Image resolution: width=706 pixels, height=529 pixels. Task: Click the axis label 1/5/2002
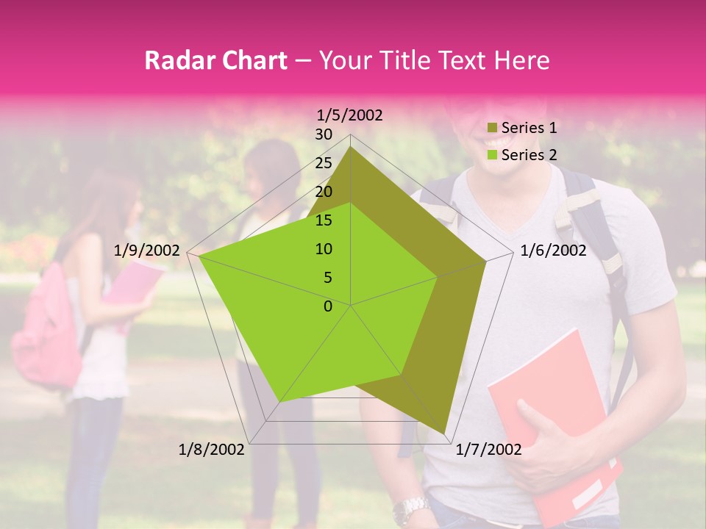click(350, 115)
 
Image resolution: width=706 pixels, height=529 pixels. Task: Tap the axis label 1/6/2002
click(553, 251)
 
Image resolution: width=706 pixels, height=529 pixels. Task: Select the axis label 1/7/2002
click(489, 450)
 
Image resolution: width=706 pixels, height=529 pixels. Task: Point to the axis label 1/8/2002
click(212, 450)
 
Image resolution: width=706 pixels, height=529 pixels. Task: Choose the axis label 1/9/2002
click(147, 251)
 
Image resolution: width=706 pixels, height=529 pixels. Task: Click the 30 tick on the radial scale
click(324, 134)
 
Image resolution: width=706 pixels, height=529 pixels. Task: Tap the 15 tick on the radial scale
click(324, 220)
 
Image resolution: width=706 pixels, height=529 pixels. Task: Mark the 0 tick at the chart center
click(328, 306)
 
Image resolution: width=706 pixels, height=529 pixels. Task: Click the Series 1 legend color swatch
click(491, 129)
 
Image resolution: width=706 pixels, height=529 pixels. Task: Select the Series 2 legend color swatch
click(491, 155)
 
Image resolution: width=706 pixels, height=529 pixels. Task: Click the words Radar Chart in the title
click(215, 61)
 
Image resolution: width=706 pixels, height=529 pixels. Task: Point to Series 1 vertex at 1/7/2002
click(444, 433)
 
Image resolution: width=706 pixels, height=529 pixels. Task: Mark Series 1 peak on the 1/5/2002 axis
click(350, 147)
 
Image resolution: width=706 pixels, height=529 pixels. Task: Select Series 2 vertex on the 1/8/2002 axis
click(280, 402)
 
